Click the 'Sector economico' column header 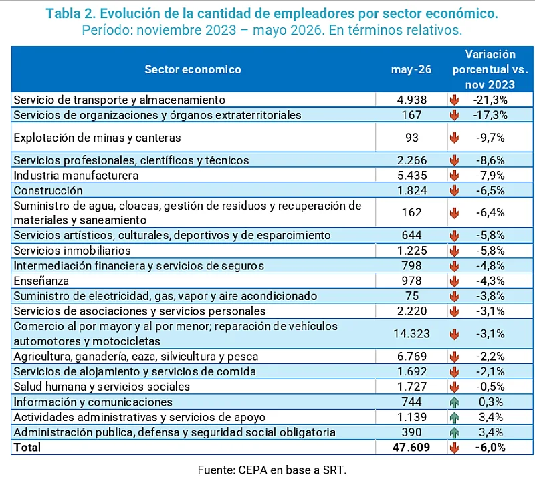(193, 69)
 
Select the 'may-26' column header (411, 69)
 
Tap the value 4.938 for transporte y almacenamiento (412, 100)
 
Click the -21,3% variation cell (490, 100)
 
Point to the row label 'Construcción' (48, 190)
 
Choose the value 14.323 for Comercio (411, 333)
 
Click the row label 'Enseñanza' (41, 281)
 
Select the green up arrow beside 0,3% (454, 402)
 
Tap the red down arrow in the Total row (454, 448)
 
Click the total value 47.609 (411, 448)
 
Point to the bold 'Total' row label (27, 448)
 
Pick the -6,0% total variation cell (490, 448)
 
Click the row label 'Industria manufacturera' (76, 176)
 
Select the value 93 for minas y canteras (412, 138)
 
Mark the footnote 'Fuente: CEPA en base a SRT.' (272, 470)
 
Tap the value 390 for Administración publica (411, 432)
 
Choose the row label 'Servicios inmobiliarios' (72, 251)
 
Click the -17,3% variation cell (490, 115)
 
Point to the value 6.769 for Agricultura (412, 356)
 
